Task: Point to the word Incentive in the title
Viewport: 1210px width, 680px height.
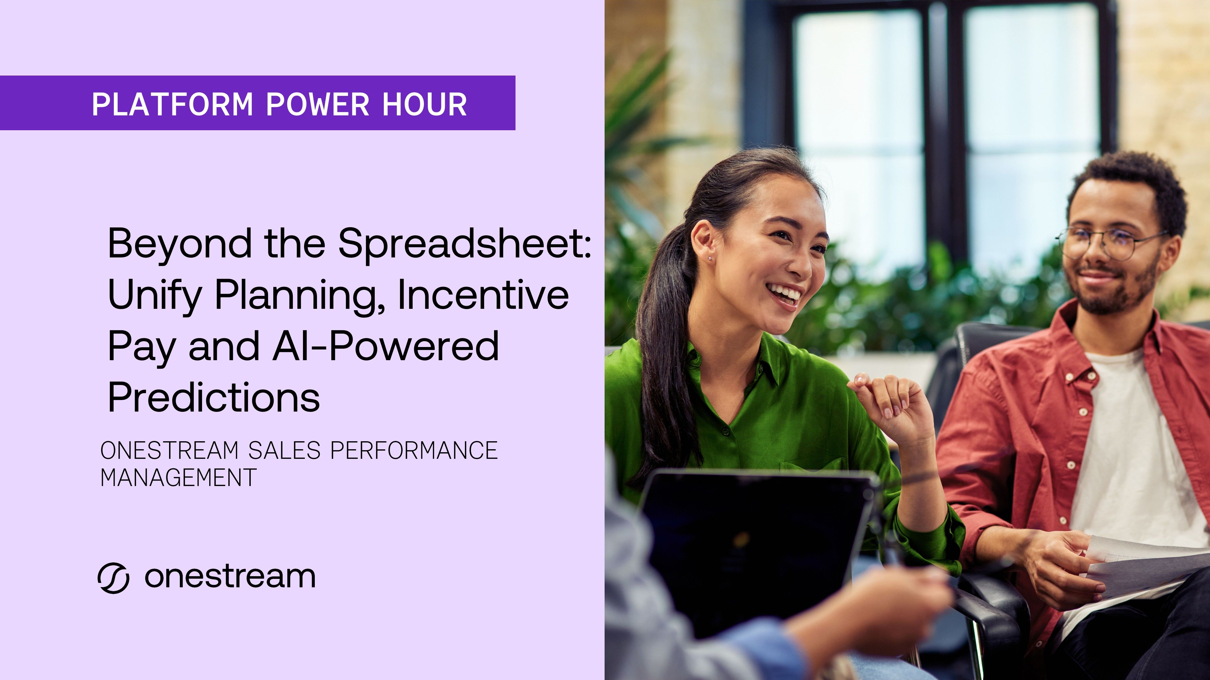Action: coord(483,295)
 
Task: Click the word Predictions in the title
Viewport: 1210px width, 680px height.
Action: coord(214,397)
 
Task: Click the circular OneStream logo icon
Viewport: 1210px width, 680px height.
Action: coord(113,578)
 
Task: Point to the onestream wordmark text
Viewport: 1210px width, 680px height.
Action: coord(230,577)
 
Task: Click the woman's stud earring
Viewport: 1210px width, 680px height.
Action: coord(710,258)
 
